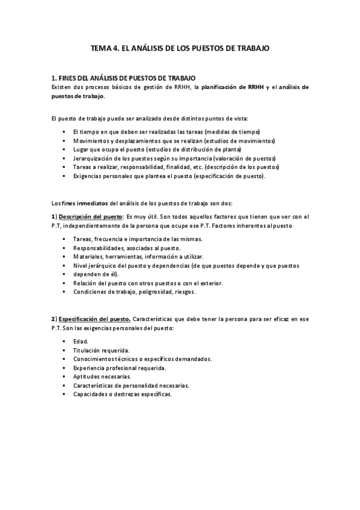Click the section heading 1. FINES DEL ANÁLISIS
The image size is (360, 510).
tap(123, 78)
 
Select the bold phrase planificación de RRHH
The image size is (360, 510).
tap(231, 87)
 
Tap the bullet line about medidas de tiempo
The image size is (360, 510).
tap(157, 132)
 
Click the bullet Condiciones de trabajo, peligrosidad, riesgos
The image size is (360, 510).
tap(142, 292)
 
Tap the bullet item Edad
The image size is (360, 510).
tap(80, 341)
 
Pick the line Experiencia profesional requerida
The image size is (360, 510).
tap(120, 367)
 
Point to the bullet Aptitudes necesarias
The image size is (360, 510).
tap(102, 376)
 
